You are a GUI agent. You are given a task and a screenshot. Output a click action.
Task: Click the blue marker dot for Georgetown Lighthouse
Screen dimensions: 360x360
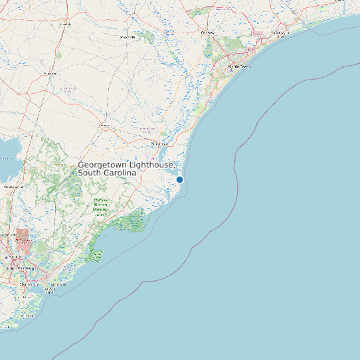[x=179, y=179]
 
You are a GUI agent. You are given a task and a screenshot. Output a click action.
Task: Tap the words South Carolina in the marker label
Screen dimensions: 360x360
[x=107, y=173]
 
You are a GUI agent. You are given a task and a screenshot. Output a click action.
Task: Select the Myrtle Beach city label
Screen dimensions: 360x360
[x=239, y=67]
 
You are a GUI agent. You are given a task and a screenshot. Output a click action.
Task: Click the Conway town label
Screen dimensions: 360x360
[x=208, y=32]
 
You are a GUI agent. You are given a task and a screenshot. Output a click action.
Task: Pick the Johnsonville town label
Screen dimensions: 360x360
[x=127, y=37]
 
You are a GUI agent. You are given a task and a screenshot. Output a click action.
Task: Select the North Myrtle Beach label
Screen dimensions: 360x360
[x=282, y=34]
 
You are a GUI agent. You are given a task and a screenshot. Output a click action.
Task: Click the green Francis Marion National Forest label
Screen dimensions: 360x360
[x=100, y=207]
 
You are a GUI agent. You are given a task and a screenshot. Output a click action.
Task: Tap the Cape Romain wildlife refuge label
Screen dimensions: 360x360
[x=97, y=254]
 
